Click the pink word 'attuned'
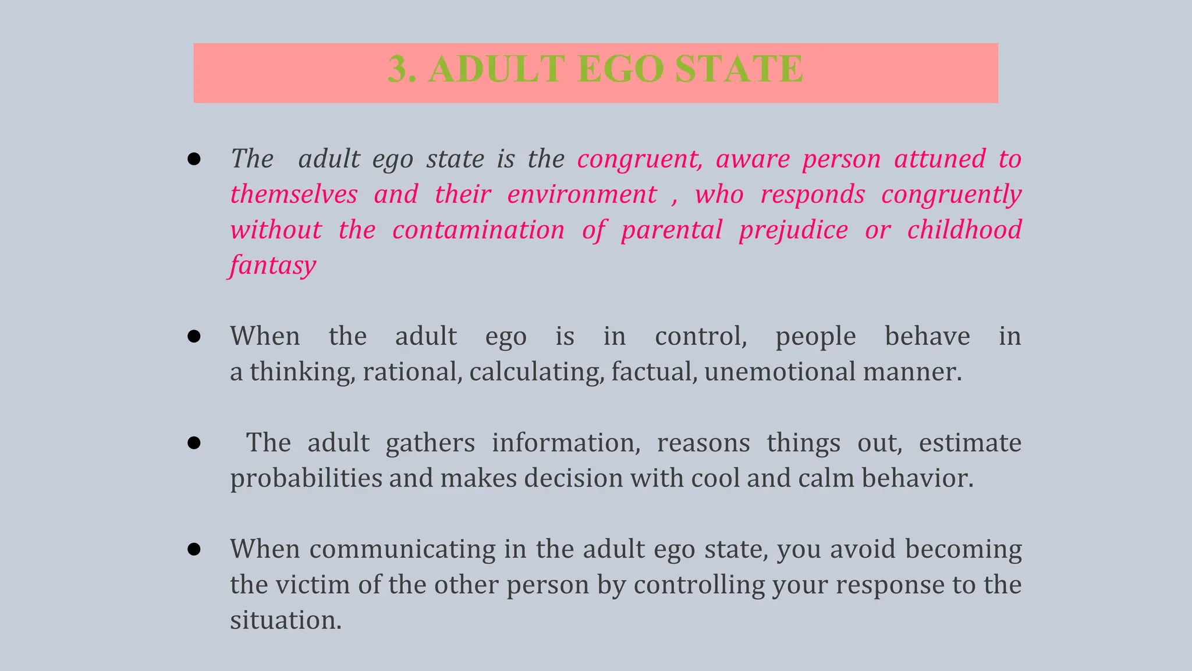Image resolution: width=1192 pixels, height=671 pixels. click(x=940, y=159)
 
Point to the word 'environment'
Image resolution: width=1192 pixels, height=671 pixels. click(x=581, y=195)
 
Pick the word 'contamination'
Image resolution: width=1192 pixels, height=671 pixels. click(x=478, y=230)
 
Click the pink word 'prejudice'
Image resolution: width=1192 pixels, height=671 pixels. click(x=793, y=230)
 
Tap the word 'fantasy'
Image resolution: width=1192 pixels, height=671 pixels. click(x=272, y=266)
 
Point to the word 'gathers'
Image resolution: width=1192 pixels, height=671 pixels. click(x=430, y=443)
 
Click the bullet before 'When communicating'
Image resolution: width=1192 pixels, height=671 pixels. click(x=194, y=549)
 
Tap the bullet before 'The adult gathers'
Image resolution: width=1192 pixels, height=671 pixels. click(x=194, y=443)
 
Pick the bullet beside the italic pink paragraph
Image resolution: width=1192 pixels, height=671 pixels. click(x=194, y=159)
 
